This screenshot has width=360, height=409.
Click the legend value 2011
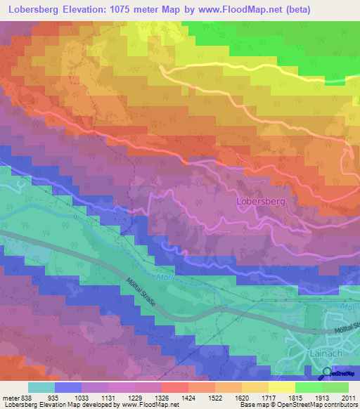tap(347, 396)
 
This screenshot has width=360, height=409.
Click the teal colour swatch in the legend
tap(41, 387)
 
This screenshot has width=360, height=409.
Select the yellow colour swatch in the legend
tap(282, 387)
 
